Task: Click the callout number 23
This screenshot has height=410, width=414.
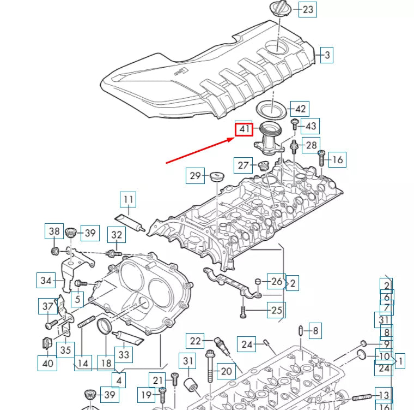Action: coord(308,9)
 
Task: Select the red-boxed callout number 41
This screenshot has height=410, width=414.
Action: coord(243,129)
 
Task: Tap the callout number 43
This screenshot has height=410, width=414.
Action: coord(310,126)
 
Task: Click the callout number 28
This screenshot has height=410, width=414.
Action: coord(310,145)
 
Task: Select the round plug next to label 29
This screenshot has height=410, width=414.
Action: coord(217,177)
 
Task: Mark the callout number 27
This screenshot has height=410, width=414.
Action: coord(243,165)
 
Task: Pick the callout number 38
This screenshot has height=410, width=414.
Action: coord(53,231)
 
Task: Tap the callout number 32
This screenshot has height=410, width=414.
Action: coord(117,235)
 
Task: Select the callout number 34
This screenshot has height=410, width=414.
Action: coord(46,281)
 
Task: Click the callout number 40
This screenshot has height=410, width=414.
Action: coord(47,363)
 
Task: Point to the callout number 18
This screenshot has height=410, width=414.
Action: coord(106,363)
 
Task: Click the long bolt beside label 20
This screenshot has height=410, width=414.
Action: coord(210,371)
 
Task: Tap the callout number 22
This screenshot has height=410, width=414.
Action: coord(196,341)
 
